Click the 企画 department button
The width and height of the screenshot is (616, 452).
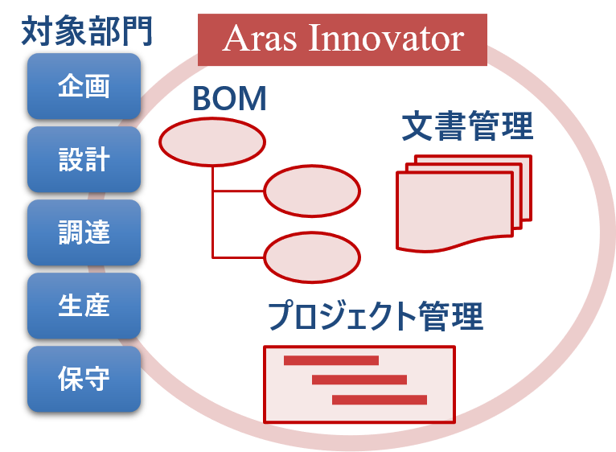click(84, 86)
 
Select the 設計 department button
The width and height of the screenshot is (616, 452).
click(84, 159)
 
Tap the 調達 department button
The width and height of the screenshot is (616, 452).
click(84, 232)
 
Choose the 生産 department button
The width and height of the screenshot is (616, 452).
click(84, 306)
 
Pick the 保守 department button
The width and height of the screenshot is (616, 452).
click(84, 379)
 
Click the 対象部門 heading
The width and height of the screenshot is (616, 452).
click(86, 31)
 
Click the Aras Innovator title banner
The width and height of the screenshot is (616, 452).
click(343, 39)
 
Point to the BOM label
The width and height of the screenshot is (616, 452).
click(229, 98)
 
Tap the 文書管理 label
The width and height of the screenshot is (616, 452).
click(467, 125)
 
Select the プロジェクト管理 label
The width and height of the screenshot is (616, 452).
click(376, 316)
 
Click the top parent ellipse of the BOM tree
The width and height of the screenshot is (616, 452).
click(212, 142)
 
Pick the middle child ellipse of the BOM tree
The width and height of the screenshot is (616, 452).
click(312, 191)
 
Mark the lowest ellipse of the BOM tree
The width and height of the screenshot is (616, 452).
click(312, 257)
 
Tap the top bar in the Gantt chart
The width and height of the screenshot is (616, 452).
click(331, 360)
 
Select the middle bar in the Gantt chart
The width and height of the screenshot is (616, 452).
click(359, 380)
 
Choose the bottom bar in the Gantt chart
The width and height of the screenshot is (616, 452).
click(380, 400)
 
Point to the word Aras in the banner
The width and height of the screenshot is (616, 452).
click(260, 39)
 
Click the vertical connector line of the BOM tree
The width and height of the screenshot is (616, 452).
click(212, 212)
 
